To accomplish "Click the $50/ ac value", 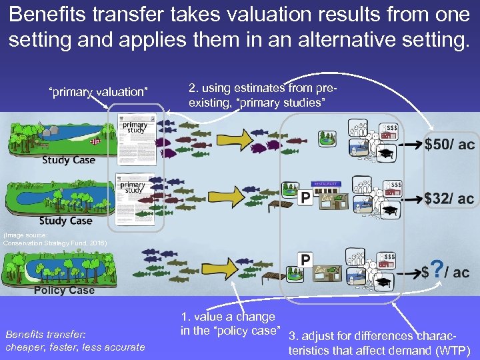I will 449,145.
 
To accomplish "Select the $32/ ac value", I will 449,198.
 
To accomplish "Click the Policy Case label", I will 64,290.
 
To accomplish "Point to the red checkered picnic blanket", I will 98,141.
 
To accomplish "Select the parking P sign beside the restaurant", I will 305,197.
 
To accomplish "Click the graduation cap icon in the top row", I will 387,155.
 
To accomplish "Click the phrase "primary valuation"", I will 99,91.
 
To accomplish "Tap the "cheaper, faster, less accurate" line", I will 75,347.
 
